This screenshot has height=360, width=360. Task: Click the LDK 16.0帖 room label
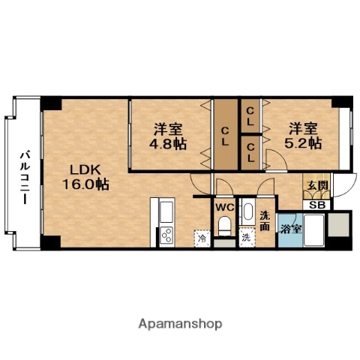[90, 175]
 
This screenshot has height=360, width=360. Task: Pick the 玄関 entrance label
[313, 185]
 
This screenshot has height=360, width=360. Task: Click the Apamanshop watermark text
[180, 324]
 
